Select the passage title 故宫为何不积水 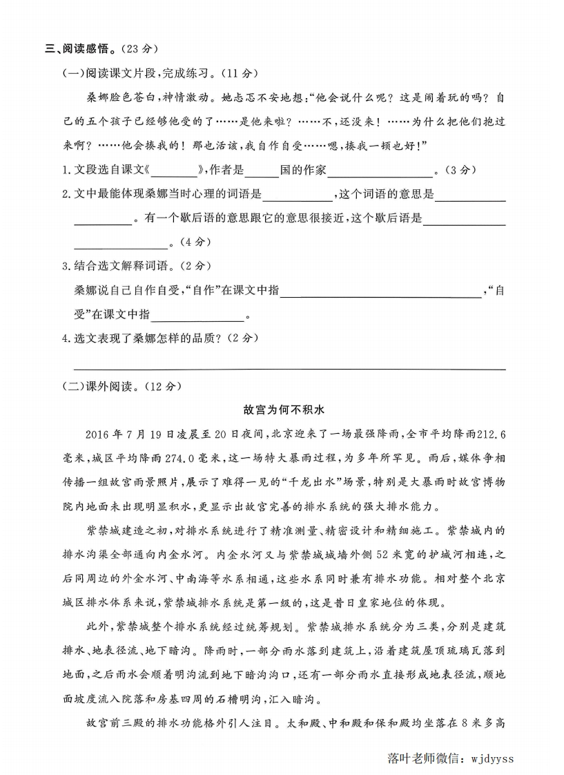click(283, 410)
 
